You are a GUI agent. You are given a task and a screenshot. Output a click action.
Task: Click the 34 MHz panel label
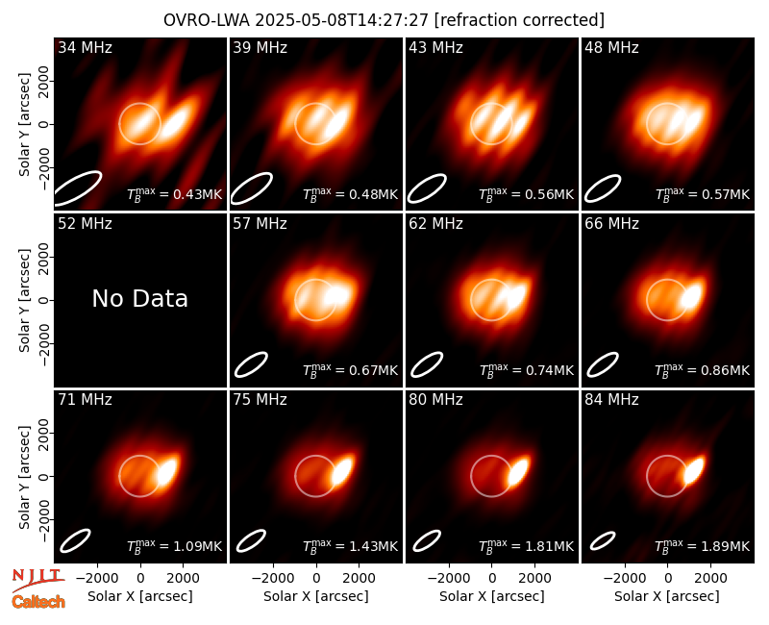tap(85, 47)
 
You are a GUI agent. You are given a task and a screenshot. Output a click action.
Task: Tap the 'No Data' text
tap(139, 298)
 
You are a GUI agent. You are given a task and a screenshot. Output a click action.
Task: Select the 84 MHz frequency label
tap(611, 400)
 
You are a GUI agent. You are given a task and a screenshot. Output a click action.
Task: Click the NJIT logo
tap(37, 579)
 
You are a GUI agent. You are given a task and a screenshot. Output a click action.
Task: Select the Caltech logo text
tap(38, 602)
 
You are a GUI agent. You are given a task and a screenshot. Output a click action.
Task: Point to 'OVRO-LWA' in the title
tap(207, 20)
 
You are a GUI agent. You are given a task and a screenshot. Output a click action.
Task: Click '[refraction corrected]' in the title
tap(520, 20)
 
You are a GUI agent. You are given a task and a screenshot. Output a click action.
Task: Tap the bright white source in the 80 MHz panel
tap(517, 471)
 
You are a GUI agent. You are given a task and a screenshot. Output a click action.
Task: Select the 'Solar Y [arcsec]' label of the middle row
tap(24, 300)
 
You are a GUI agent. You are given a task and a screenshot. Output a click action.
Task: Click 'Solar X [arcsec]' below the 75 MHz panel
tap(316, 596)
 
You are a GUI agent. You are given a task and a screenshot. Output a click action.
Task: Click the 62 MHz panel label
tap(435, 224)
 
